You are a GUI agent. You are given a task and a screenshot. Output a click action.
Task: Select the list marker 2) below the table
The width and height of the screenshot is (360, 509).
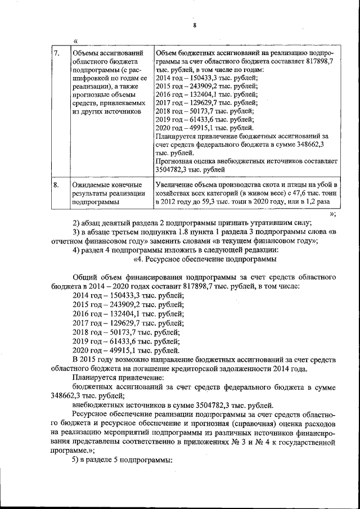point(78,222)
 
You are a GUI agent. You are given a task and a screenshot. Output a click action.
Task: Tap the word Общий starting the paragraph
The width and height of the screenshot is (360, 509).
point(85,277)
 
